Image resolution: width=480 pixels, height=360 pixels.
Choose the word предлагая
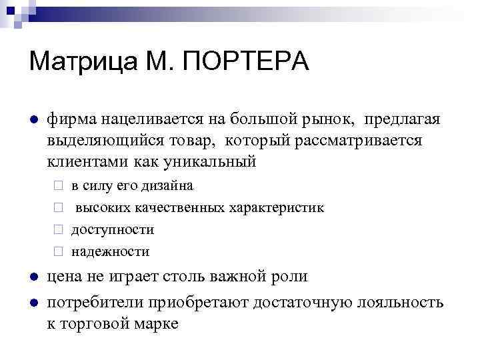point(402,119)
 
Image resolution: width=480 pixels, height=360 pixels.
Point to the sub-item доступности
point(112,229)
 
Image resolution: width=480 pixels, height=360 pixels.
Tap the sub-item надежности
point(110,251)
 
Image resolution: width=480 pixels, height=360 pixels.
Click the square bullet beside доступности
point(58,230)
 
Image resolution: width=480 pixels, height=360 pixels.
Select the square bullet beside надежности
point(58,252)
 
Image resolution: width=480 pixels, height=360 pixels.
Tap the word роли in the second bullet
point(291,277)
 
